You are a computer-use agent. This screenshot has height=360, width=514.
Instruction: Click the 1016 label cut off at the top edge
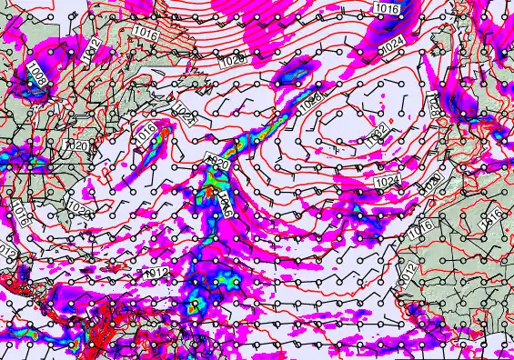tap(387, 8)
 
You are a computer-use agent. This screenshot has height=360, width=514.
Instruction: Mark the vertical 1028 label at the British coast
tap(434, 106)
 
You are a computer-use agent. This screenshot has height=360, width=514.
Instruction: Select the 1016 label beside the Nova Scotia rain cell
tap(146, 132)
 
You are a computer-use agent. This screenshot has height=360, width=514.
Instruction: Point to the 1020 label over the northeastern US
tap(78, 145)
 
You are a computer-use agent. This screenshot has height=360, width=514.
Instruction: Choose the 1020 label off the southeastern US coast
tap(79, 208)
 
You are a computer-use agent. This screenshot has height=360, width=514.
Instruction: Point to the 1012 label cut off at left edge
tap(6, 251)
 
